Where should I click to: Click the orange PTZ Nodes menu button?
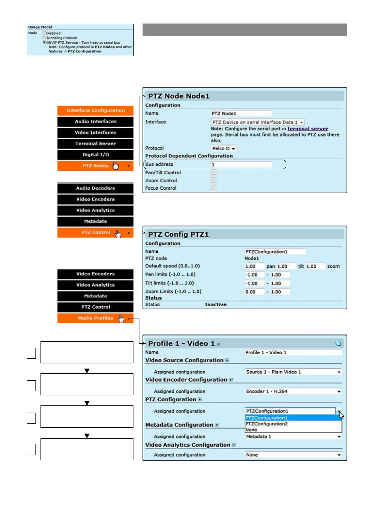[x=95, y=166]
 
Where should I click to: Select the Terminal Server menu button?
[x=95, y=144]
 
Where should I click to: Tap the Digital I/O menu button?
[x=95, y=155]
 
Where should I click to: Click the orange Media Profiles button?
[x=95, y=318]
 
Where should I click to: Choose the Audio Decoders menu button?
[x=95, y=188]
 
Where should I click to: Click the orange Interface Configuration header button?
[x=95, y=110]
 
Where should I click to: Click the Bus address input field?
[x=241, y=165]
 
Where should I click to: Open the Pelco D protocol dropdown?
[x=224, y=148]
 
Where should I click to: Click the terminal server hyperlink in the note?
[x=308, y=129]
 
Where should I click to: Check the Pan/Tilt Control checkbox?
[x=214, y=172]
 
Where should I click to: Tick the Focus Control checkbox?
[x=214, y=187]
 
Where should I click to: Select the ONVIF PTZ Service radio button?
[x=44, y=42]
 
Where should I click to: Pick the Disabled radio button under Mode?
[x=44, y=33]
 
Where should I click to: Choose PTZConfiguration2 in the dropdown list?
[x=267, y=424]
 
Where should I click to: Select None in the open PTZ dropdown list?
[x=251, y=430]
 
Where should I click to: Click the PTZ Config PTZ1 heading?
[x=178, y=235]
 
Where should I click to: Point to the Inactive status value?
[x=215, y=304]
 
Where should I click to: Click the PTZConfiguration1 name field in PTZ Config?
[x=275, y=252]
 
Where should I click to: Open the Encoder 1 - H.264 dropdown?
[x=293, y=391]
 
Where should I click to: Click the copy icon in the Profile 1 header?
[x=338, y=343]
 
